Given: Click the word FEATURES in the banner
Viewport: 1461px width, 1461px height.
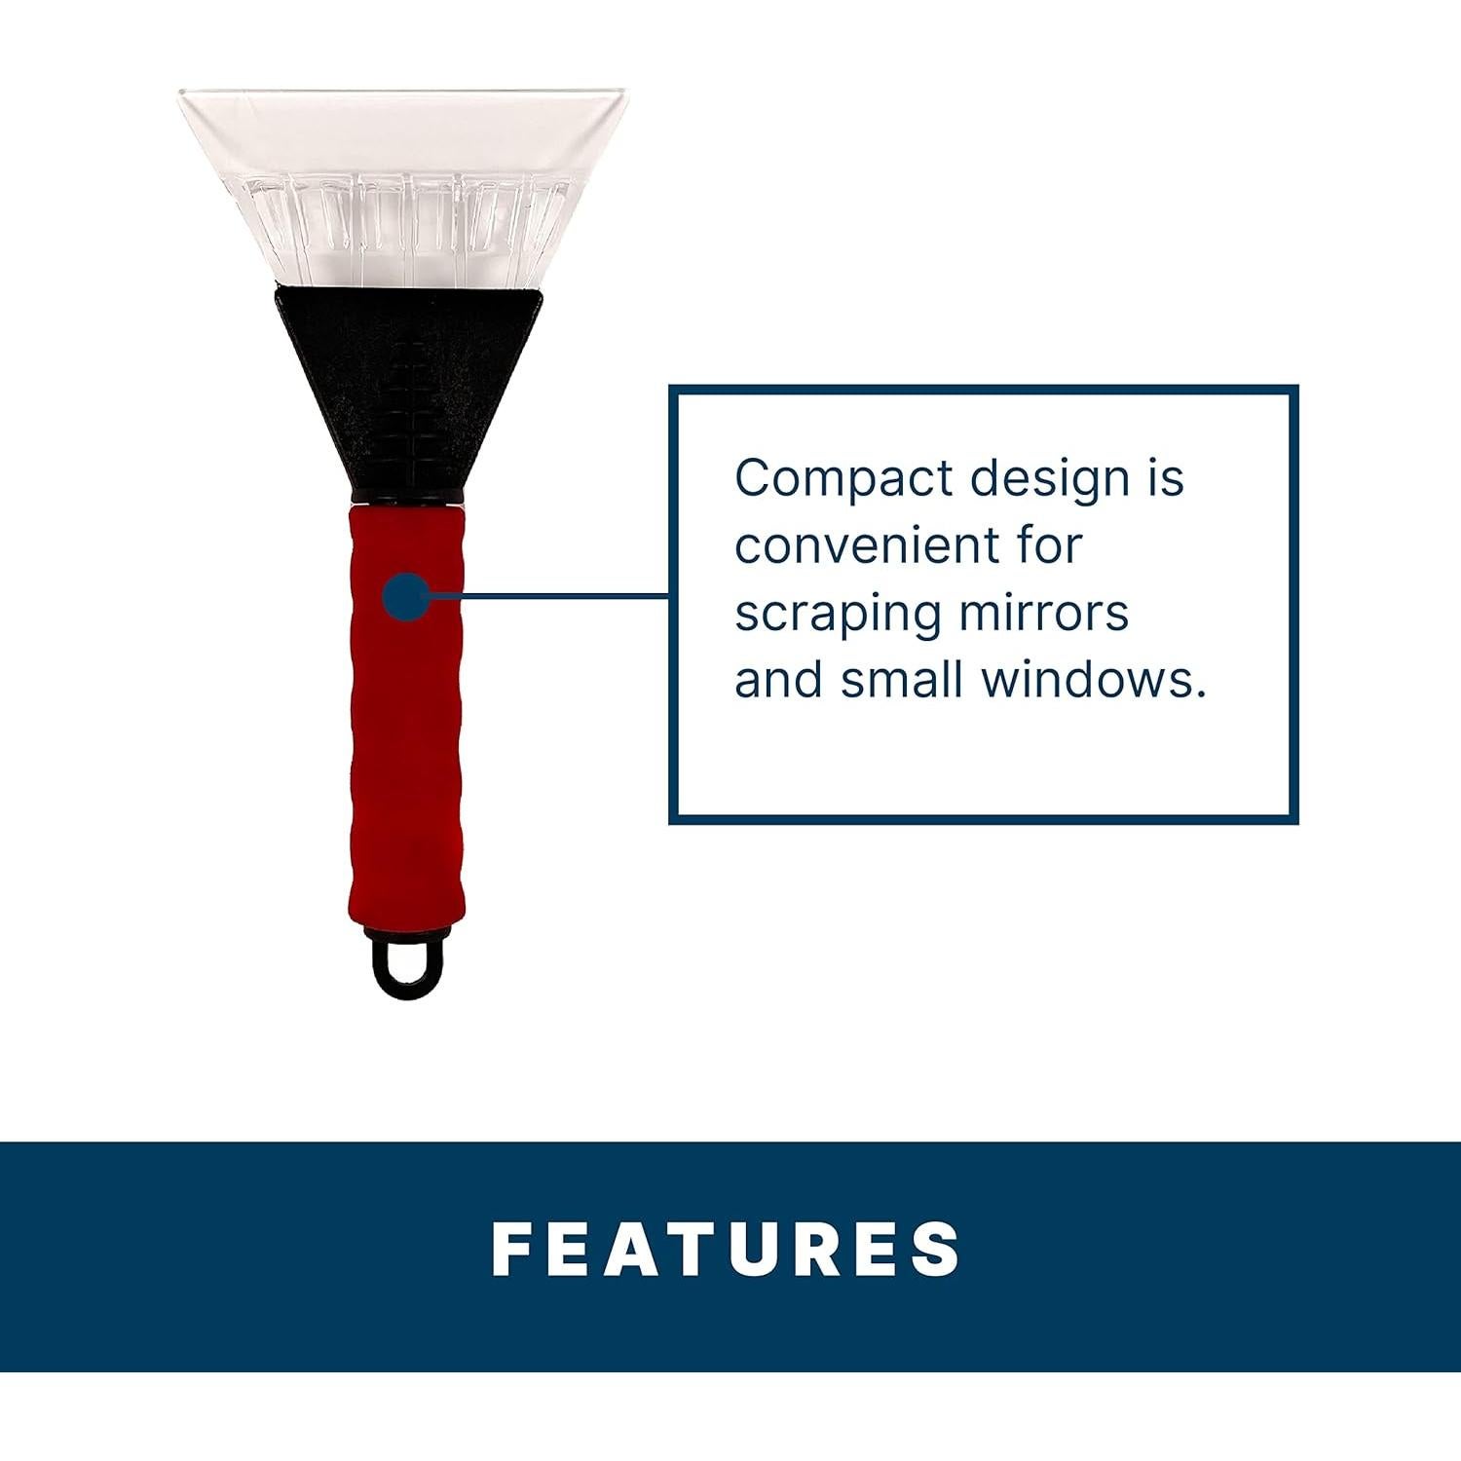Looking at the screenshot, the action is [x=727, y=1248].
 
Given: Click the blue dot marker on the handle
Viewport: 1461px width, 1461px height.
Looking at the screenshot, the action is [x=407, y=596].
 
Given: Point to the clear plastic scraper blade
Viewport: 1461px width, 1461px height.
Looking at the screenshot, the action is [x=407, y=185].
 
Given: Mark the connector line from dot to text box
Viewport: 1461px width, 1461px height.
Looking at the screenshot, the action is [x=550, y=594].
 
